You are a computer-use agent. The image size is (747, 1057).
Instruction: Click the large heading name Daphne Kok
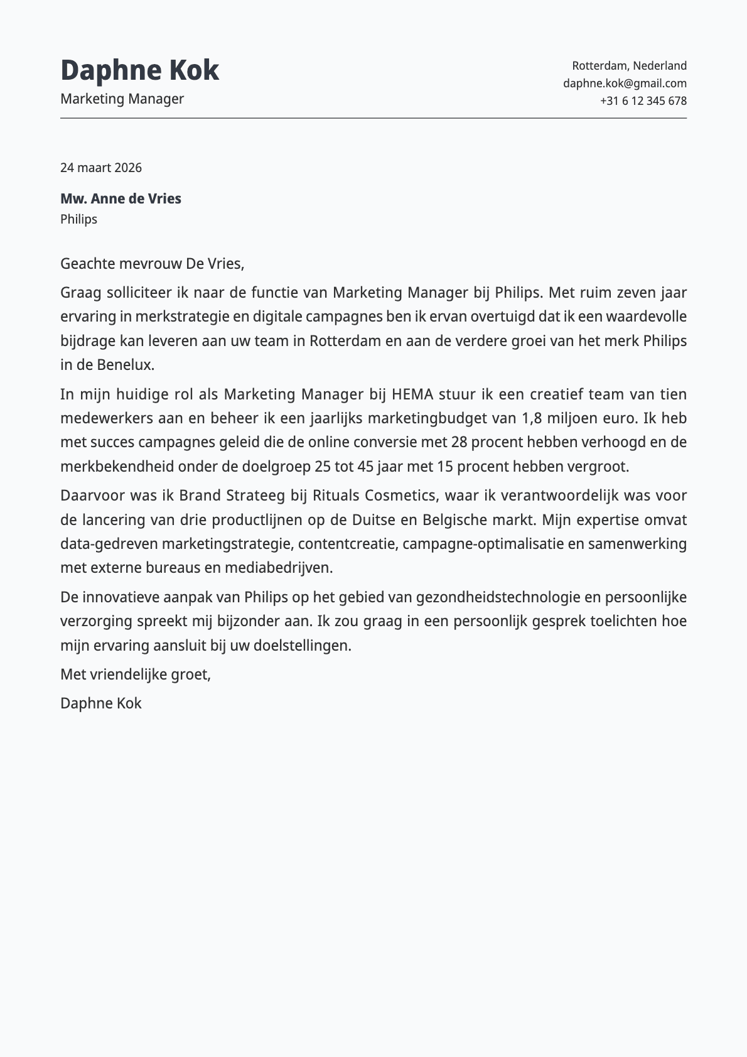pos(139,70)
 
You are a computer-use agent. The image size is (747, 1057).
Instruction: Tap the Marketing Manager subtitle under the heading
pos(122,99)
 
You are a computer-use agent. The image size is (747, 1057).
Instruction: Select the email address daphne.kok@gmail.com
pos(625,83)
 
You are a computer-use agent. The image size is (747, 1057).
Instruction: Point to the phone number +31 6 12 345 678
pos(643,100)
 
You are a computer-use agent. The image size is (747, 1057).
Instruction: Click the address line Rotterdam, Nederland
pos(629,65)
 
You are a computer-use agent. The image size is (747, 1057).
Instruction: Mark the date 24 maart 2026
pos(101,168)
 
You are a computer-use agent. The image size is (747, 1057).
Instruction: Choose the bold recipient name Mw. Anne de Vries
pos(121,198)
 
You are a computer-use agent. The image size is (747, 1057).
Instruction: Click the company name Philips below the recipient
pos(78,219)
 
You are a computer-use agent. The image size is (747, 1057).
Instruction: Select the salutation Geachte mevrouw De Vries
pos(152,263)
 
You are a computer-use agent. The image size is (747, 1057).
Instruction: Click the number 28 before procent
pos(459,442)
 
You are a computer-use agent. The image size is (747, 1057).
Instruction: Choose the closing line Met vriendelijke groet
pos(136,675)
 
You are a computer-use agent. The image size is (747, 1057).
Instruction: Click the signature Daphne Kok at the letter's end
pos(101,703)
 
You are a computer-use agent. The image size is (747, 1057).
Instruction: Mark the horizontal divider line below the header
pos(373,118)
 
